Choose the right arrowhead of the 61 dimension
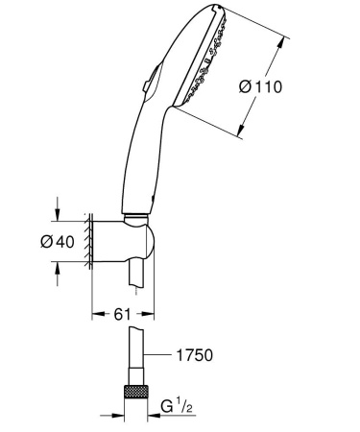tap(152, 312)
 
